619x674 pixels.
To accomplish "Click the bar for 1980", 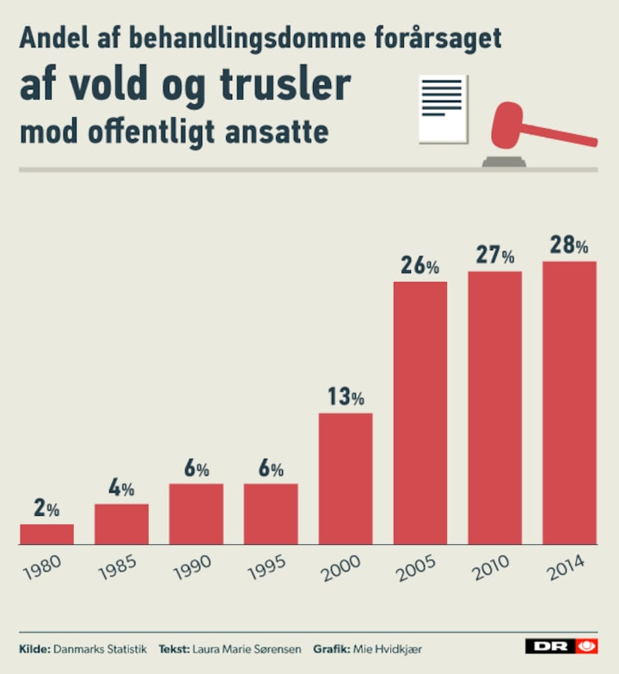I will pos(46,534).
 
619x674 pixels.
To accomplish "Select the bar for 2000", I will pos(346,479).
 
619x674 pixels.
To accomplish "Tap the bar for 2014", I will pos(569,402).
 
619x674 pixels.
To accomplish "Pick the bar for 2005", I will pos(420,413).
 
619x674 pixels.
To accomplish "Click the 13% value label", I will pos(346,397).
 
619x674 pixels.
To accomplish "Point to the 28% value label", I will pos(569,246).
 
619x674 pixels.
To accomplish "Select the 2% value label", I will pos(46,509).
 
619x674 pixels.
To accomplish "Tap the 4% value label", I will pos(121,489).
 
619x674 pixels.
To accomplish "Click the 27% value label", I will pos(495,256).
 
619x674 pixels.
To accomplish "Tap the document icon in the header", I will pos(442,107).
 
